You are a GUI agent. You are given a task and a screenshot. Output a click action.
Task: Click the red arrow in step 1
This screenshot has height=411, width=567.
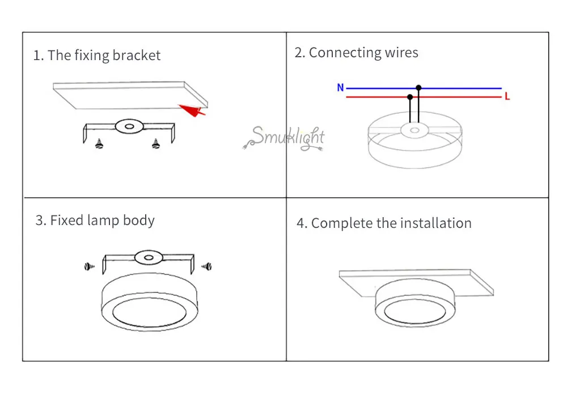click(x=192, y=110)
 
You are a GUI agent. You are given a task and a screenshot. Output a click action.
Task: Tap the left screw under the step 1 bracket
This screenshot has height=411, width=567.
click(x=99, y=144)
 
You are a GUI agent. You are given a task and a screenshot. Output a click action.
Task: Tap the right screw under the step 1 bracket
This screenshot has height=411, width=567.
click(x=156, y=144)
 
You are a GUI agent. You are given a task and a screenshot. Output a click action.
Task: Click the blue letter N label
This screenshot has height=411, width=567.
click(x=340, y=87)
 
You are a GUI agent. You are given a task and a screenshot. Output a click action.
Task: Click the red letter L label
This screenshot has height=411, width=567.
click(x=507, y=96)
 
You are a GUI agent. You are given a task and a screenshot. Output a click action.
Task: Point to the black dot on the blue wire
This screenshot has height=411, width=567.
click(x=418, y=88)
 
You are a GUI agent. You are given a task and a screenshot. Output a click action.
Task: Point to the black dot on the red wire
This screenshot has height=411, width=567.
click(x=410, y=98)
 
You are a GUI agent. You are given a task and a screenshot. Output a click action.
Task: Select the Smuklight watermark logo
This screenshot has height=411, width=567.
click(x=284, y=138)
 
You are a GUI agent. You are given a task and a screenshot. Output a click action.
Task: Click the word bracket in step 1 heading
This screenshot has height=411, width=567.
click(x=136, y=56)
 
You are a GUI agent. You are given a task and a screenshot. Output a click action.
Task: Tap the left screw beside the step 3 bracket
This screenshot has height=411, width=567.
click(x=89, y=267)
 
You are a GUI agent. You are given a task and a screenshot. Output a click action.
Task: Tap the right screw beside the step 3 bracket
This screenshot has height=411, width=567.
click(x=206, y=267)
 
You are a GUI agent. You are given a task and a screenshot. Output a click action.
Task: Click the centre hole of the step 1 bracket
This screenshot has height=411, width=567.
click(x=129, y=126)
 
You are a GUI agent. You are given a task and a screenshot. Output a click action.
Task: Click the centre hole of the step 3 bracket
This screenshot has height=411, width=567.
click(x=149, y=258)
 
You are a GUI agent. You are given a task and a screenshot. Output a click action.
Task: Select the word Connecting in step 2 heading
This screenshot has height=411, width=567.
click(x=345, y=53)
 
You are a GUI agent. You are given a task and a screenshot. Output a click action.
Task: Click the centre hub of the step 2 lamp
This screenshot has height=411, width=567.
click(x=415, y=130)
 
